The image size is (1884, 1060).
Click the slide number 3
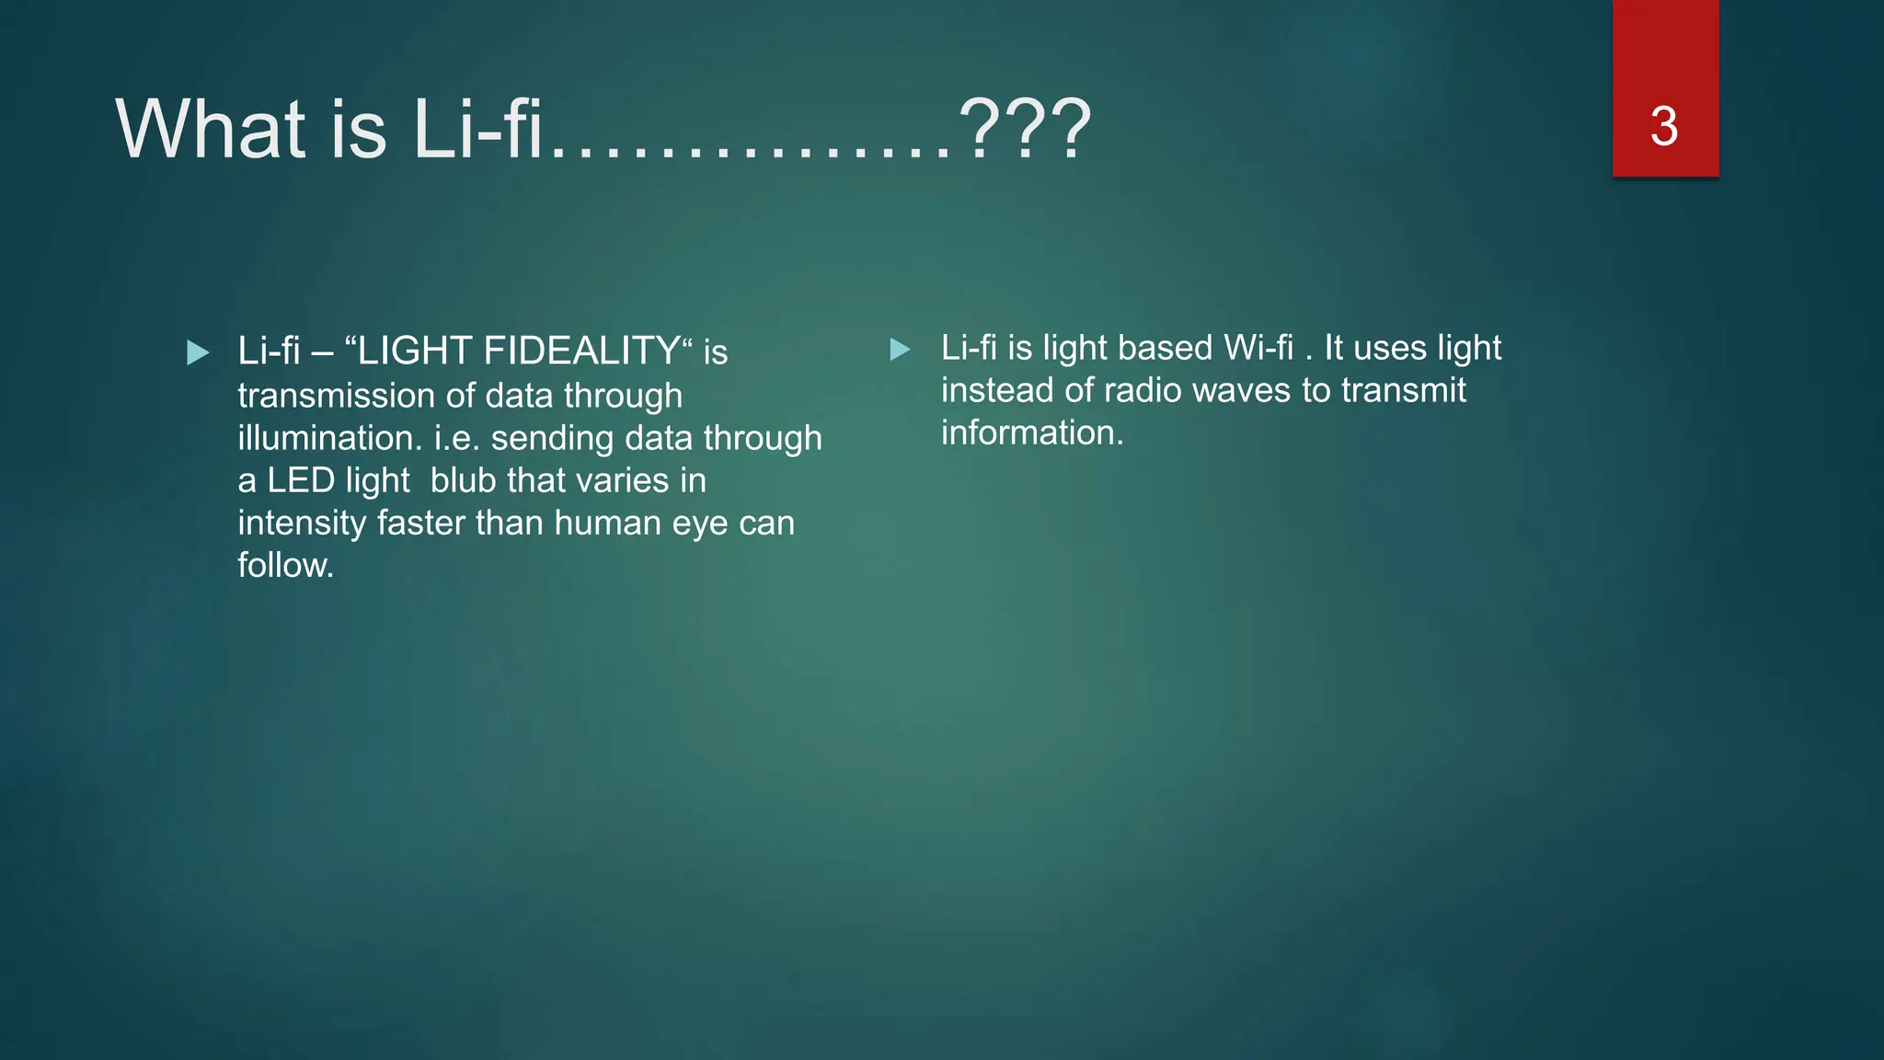pyautogui.click(x=1664, y=126)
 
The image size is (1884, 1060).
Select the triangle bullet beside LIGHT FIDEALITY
pyautogui.click(x=198, y=352)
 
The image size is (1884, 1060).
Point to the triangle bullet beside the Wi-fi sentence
pyautogui.click(x=901, y=350)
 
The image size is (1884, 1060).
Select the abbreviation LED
pyautogui.click(x=300, y=480)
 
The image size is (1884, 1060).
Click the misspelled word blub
pyautogui.click(x=464, y=480)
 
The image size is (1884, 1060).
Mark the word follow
pyautogui.click(x=284, y=565)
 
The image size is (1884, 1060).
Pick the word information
pyautogui.click(x=1031, y=432)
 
